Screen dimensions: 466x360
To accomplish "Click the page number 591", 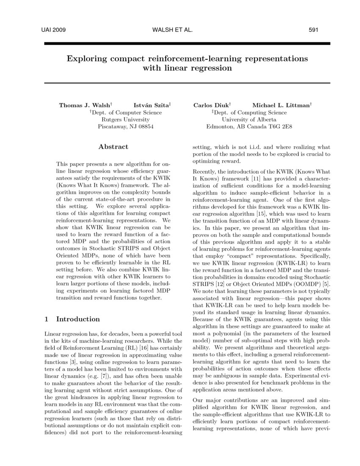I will click(x=313, y=30).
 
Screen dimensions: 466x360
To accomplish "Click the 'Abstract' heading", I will click(x=113, y=147).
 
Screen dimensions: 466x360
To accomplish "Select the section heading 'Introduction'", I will click(x=78, y=319).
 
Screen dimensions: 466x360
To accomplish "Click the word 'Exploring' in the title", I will click(x=86, y=58).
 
